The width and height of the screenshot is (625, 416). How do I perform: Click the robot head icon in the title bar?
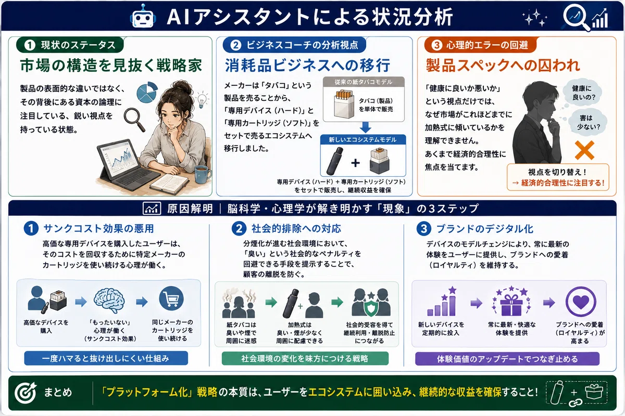tap(143, 16)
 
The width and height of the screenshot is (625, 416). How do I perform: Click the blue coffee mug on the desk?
tap(203, 174)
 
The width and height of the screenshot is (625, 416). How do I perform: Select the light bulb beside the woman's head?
tap(202, 100)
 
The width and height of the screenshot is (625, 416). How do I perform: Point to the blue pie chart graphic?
tap(147, 92)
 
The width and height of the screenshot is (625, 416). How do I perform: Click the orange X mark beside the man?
tap(584, 150)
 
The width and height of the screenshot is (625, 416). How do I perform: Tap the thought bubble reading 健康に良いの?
tap(581, 93)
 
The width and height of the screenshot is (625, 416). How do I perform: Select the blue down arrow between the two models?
tap(365, 127)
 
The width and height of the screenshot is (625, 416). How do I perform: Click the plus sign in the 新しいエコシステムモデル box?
tap(355, 163)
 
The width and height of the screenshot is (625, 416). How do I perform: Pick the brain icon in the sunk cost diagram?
tap(109, 301)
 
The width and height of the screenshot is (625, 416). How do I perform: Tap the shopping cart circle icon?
tap(171, 298)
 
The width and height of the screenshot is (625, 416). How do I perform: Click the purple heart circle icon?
tap(581, 302)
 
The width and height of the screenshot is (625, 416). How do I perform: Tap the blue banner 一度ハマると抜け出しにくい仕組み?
tap(106, 358)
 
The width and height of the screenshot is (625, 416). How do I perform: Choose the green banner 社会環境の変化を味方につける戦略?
tap(305, 358)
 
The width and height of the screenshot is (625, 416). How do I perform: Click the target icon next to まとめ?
tap(26, 393)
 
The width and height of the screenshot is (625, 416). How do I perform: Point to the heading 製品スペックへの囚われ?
tap(503, 66)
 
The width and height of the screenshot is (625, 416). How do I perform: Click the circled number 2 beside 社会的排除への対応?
tap(239, 228)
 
